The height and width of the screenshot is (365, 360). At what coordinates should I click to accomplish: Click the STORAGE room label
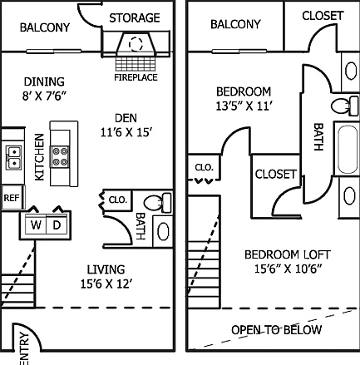pyautogui.click(x=135, y=18)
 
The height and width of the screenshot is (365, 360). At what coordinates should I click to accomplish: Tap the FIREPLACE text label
pyautogui.click(x=136, y=77)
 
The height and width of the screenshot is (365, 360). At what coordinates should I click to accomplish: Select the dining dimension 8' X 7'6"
pyautogui.click(x=44, y=96)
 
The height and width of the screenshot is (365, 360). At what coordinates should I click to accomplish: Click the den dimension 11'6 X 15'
pyautogui.click(x=126, y=133)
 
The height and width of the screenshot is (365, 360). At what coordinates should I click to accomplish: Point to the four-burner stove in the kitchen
pyautogui.click(x=60, y=157)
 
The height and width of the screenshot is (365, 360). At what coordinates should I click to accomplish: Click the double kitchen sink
pyautogui.click(x=14, y=158)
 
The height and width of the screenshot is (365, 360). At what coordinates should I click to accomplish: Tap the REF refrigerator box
pyautogui.click(x=12, y=198)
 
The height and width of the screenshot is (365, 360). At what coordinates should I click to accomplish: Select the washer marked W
pyautogui.click(x=36, y=224)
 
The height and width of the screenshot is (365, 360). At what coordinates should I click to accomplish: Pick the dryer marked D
pyautogui.click(x=57, y=224)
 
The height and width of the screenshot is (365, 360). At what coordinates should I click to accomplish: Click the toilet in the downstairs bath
pyautogui.click(x=157, y=203)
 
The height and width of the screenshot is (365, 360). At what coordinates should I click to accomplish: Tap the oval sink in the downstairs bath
pyautogui.click(x=163, y=231)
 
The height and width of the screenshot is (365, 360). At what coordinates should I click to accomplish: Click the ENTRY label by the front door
pyautogui.click(x=25, y=348)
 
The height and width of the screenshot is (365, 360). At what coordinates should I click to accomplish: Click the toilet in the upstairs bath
pyautogui.click(x=345, y=106)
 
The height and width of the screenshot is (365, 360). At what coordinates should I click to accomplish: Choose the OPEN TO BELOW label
pyautogui.click(x=277, y=330)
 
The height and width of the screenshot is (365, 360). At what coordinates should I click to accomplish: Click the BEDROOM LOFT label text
pyautogui.click(x=288, y=254)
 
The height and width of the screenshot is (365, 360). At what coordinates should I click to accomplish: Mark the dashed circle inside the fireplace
pyautogui.click(x=136, y=44)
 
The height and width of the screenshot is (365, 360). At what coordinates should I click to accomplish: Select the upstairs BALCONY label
pyautogui.click(x=235, y=24)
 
